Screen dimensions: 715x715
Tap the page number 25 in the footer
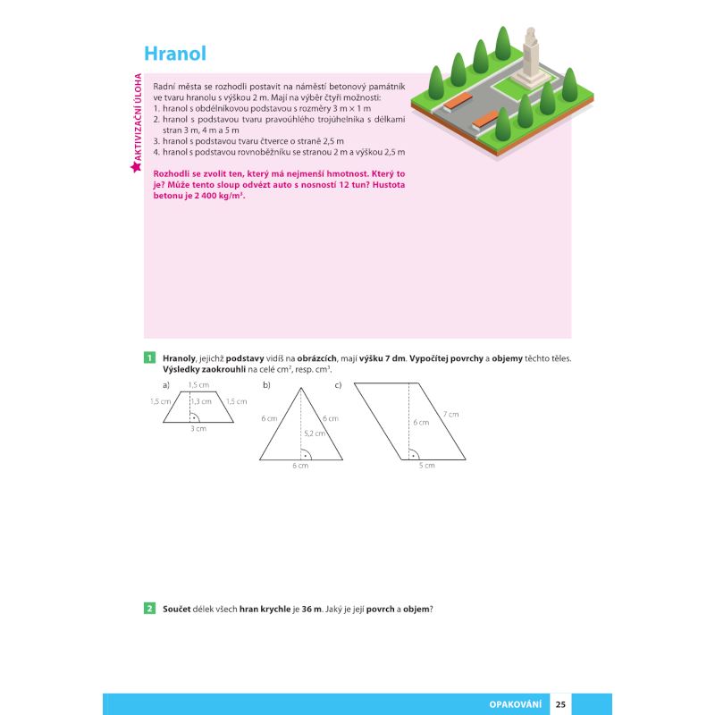point(560,704)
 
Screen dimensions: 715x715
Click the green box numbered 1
point(150,358)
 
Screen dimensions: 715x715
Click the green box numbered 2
point(150,609)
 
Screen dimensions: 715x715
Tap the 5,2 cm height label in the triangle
point(313,433)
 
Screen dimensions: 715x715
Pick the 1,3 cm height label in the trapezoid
point(202,401)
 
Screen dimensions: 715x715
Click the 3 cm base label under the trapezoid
point(198,429)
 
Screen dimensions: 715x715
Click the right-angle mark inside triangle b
point(306,454)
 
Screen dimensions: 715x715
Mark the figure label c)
point(339,385)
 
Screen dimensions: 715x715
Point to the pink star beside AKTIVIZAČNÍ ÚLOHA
point(135,167)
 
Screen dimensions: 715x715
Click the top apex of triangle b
point(300,388)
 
